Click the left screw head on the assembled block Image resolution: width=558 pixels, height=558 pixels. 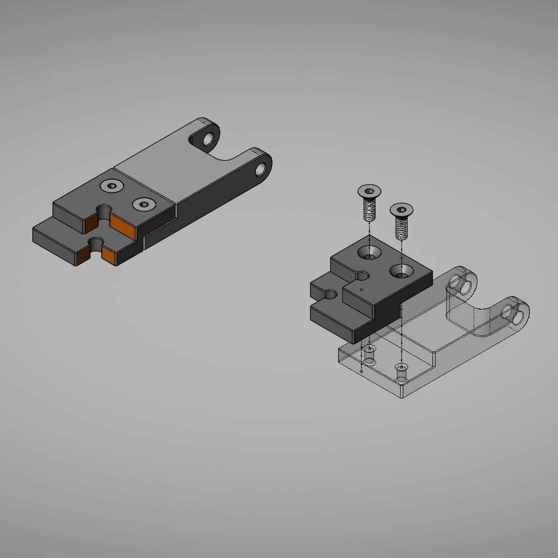click(x=112, y=185)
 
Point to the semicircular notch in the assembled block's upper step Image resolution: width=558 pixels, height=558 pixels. click(x=104, y=211)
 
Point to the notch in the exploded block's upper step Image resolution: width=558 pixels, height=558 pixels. click(x=362, y=276)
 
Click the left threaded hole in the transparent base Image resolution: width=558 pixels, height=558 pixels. click(x=369, y=354)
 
